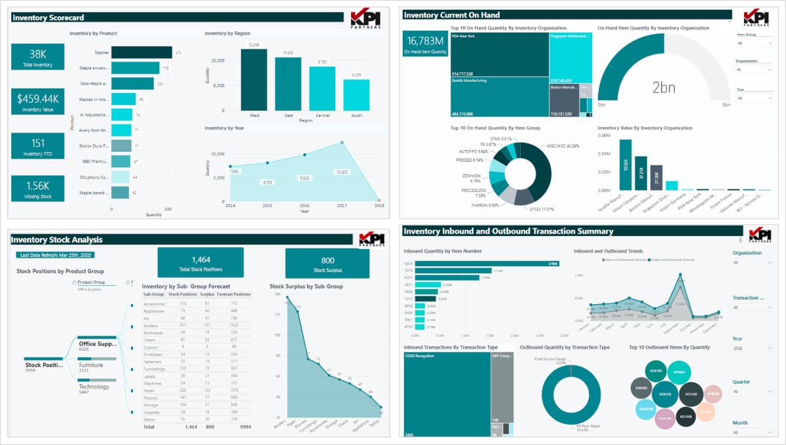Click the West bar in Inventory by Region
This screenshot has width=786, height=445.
(x=253, y=79)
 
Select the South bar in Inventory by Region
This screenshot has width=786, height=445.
(x=356, y=94)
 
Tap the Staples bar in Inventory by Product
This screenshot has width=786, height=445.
(x=141, y=52)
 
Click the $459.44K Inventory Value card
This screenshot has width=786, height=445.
(x=38, y=102)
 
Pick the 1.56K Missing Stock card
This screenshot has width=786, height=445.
(x=38, y=189)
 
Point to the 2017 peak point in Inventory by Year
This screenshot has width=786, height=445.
(x=341, y=142)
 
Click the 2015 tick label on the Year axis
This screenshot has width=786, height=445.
(x=267, y=206)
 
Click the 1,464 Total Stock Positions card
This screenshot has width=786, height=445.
(x=200, y=263)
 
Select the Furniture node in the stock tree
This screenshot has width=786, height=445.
(x=90, y=365)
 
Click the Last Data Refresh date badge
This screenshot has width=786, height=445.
(x=56, y=255)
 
